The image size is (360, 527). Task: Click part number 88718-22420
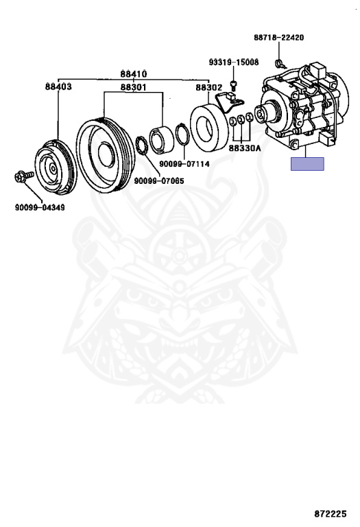coord(278,37)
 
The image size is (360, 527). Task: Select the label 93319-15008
coord(234,62)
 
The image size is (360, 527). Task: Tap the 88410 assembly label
coord(134,73)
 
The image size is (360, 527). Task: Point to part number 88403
coord(58,86)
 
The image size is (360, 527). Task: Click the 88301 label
coord(134,87)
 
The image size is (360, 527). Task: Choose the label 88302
coord(209,87)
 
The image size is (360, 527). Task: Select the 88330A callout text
coord(245,148)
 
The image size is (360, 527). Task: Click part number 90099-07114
coord(184,164)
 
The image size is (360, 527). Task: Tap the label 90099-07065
coord(159,181)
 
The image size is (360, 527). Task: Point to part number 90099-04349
coord(40,207)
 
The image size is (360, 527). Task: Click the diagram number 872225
coord(330,514)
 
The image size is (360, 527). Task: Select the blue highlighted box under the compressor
coord(307,164)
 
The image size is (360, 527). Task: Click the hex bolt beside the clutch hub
coord(24,176)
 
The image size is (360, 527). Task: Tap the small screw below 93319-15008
coord(234,85)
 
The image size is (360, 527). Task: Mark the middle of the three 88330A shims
coord(241,119)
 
